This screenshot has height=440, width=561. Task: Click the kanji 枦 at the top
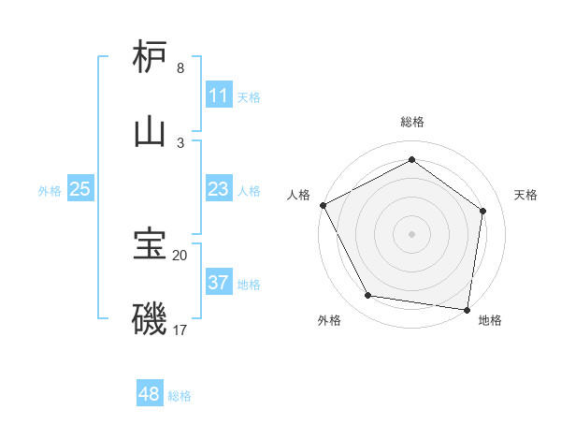pyautogui.click(x=150, y=57)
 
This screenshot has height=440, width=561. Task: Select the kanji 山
pyautogui.click(x=150, y=130)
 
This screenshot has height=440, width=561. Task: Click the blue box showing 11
pyautogui.click(x=218, y=95)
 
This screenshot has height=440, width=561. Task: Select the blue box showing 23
pyautogui.click(x=218, y=189)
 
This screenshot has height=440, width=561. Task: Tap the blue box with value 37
pyautogui.click(x=218, y=283)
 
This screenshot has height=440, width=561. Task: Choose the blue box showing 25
pyautogui.click(x=80, y=189)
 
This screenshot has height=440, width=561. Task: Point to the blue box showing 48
pyautogui.click(x=149, y=394)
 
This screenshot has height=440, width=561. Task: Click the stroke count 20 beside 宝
pyautogui.click(x=180, y=255)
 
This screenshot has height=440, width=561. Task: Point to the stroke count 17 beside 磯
pyautogui.click(x=180, y=330)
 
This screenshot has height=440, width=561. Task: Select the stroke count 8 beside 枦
pyautogui.click(x=180, y=68)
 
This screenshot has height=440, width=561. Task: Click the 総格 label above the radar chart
pyautogui.click(x=411, y=122)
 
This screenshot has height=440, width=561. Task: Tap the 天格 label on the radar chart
pyautogui.click(x=525, y=195)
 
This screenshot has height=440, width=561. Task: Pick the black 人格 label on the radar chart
pyautogui.click(x=298, y=195)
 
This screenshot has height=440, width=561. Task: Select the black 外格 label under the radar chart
pyautogui.click(x=329, y=320)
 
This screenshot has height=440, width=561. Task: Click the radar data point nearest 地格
pyautogui.click(x=467, y=309)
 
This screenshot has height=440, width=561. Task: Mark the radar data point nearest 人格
pyautogui.click(x=324, y=205)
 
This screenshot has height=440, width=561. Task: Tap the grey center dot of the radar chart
pyautogui.click(x=411, y=233)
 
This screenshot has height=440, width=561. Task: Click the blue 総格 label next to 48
pyautogui.click(x=180, y=396)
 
